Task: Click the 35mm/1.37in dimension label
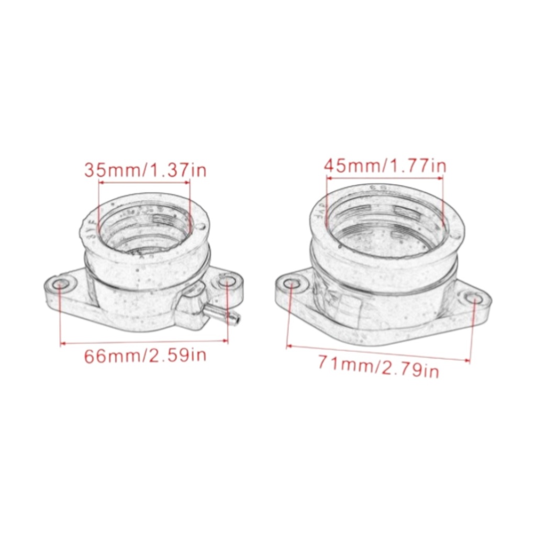(146, 170)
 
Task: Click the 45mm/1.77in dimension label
(385, 166)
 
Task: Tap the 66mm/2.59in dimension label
(146, 356)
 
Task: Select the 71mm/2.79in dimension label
(378, 365)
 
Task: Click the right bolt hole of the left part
(225, 284)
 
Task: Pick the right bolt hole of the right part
(474, 299)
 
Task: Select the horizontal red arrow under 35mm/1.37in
(144, 183)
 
